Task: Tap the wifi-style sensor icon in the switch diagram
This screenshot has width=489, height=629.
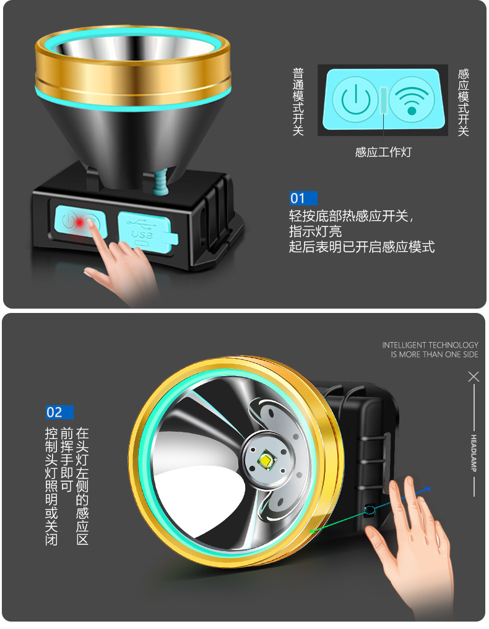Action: [411, 100]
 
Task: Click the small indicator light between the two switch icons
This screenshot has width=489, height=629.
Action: [384, 100]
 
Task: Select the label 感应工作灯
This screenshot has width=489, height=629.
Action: [383, 152]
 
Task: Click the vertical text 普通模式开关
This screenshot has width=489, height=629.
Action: [298, 101]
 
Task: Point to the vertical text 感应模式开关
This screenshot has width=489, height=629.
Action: [463, 101]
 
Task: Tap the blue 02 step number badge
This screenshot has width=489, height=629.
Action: [59, 413]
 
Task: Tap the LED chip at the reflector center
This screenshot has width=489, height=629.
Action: [267, 460]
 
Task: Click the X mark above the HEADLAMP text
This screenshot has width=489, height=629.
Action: [474, 377]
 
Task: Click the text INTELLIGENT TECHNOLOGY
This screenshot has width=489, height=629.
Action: [430, 345]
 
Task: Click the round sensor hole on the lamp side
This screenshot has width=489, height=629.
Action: [370, 510]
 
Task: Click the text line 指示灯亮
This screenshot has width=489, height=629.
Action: [316, 231]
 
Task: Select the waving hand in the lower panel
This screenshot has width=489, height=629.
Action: [412, 544]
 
